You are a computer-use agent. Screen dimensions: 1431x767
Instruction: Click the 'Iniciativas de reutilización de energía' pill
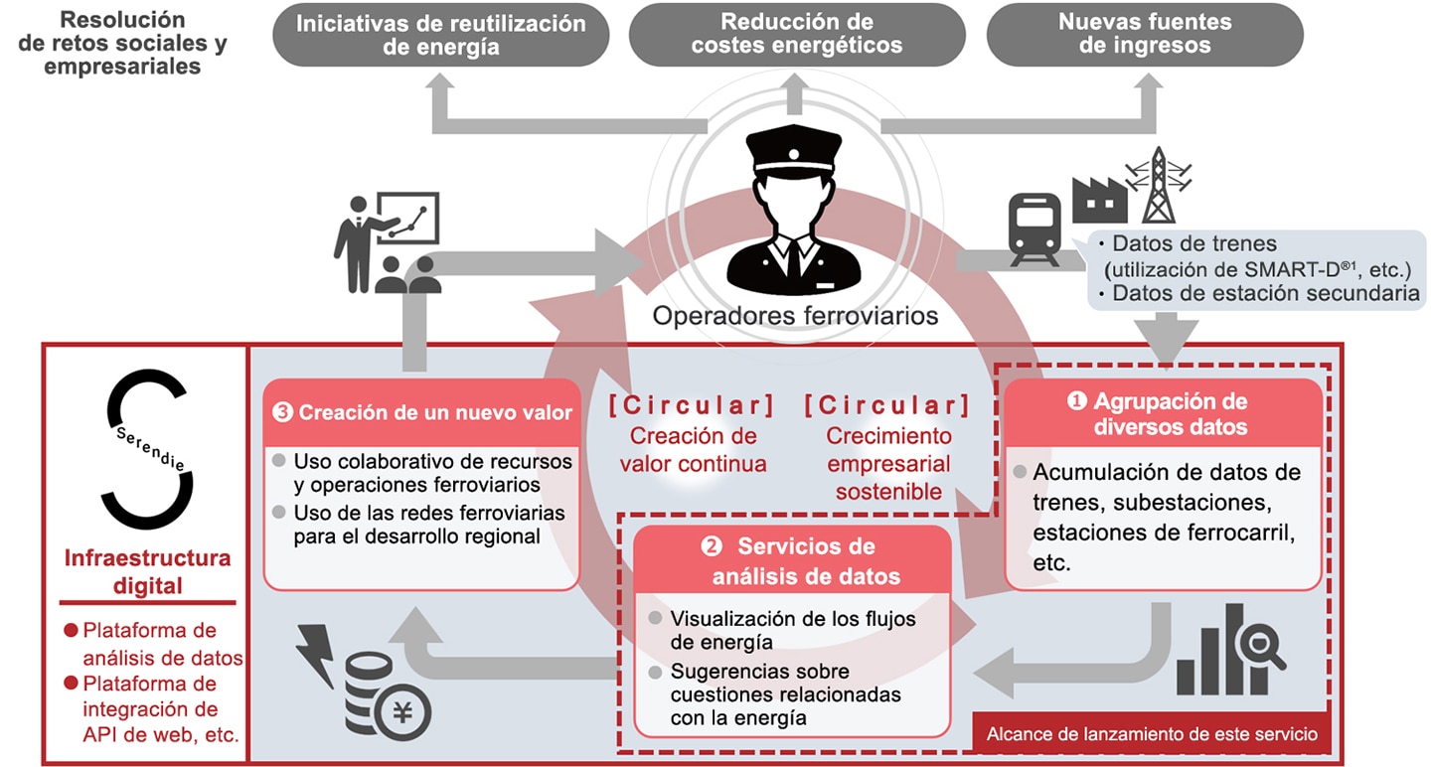[441, 35]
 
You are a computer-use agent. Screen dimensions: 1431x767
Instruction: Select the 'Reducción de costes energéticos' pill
[797, 35]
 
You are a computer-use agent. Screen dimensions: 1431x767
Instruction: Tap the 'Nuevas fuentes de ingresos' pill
[1145, 35]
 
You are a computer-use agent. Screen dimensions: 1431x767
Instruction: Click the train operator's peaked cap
[793, 151]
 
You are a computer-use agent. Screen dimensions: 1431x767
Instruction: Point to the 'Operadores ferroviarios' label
[795, 316]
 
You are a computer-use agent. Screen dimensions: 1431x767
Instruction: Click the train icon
[1034, 230]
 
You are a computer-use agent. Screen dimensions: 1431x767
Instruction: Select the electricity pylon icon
[1159, 185]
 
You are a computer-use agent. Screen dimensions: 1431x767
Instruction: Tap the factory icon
[1099, 200]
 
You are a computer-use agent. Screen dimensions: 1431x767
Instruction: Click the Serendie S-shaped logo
[146, 449]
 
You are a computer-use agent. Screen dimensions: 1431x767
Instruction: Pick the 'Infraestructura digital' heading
[147, 571]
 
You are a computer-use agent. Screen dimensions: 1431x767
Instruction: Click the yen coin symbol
[402, 711]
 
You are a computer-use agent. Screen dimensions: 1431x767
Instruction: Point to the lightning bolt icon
[317, 655]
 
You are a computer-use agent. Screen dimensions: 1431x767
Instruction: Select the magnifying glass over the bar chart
[1259, 645]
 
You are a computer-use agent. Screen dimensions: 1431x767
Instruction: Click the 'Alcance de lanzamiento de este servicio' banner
[1151, 734]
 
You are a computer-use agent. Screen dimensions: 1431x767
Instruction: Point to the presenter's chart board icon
[407, 218]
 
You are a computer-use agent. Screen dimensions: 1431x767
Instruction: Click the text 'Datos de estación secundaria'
[1266, 293]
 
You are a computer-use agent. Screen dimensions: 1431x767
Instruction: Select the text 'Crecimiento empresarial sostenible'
[888, 464]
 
